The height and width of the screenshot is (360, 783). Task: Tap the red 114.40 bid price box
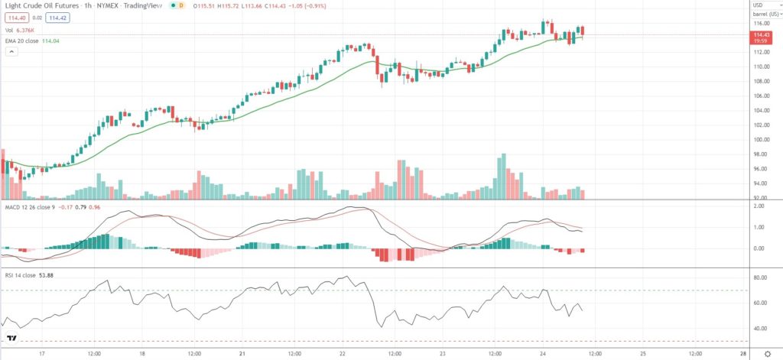click(x=16, y=18)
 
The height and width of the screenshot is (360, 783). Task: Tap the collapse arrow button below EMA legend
click(x=11, y=52)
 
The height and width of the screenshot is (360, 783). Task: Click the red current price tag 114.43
click(x=762, y=35)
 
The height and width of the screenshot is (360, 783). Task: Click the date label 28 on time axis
click(x=744, y=354)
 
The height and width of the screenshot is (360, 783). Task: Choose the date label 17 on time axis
click(x=43, y=354)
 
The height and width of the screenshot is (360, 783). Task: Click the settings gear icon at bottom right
click(x=767, y=354)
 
